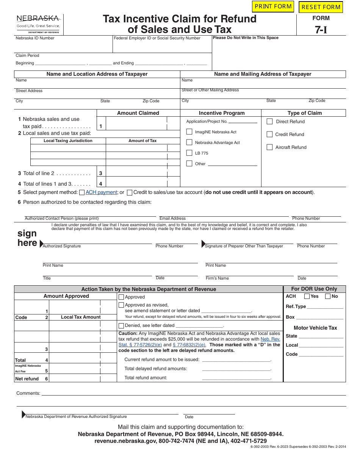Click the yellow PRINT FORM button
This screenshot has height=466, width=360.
coord(273,6)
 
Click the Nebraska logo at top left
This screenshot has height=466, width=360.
coord(38,23)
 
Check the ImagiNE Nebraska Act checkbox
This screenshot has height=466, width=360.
coord(189,132)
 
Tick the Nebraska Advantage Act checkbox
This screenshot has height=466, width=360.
coord(189,142)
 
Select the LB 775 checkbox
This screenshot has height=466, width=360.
coord(189,153)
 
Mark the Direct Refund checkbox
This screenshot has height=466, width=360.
coord(270,122)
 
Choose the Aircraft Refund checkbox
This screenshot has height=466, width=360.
coord(270,147)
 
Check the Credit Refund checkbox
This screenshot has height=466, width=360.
coord(270,134)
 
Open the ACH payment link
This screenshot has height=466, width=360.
coord(101,192)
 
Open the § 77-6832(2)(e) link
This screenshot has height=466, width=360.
coord(189,345)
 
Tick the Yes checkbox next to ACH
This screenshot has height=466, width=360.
coord(307,297)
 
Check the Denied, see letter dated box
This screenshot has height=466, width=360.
coord(121,326)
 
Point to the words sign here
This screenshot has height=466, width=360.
coord(27,238)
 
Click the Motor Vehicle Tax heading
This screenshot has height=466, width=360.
coord(315,328)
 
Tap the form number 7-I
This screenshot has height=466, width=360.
coord(321,30)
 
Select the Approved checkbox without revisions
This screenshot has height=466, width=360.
coord(121,297)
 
